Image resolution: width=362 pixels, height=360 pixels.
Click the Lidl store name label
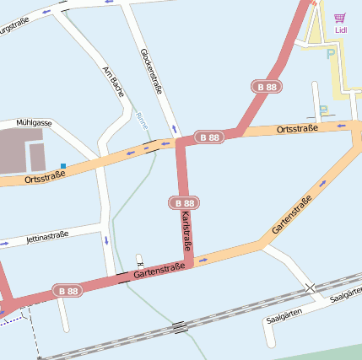tap(341, 30)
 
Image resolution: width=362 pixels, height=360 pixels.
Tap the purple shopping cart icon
tap(340, 18)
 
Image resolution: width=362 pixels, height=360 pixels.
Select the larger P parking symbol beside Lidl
tap(330, 54)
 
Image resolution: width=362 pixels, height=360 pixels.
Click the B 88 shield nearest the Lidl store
tap(267, 87)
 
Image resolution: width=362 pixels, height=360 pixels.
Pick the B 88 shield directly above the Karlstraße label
tap(184, 203)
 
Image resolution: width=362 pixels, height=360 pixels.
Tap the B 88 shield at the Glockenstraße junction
tap(209, 137)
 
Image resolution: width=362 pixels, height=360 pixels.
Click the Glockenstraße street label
tap(152, 70)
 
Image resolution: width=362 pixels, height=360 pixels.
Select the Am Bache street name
tap(113, 81)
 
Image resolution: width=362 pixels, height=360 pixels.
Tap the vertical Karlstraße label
tap(186, 234)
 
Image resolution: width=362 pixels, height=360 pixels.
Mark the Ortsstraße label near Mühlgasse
tap(45, 175)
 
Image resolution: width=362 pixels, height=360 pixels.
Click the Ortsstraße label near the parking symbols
tap(297, 128)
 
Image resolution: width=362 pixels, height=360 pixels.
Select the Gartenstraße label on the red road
tap(159, 270)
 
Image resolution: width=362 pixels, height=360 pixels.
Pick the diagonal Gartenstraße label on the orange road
tap(292, 214)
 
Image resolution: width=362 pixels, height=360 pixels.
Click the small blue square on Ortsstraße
tap(62, 165)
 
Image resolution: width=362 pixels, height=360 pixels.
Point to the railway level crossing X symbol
tap(311, 288)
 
